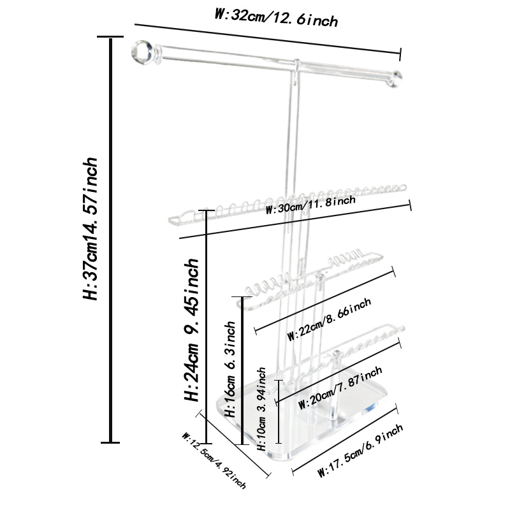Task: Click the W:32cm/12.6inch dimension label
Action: click(276, 18)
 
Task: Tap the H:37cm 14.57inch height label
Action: click(89, 229)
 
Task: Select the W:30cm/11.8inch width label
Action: click(310, 205)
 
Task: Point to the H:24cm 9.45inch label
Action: click(191, 330)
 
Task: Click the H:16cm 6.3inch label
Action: click(230, 369)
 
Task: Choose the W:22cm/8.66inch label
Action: click(330, 319)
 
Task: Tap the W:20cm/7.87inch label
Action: click(340, 388)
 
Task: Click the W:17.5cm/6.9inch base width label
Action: click(360, 451)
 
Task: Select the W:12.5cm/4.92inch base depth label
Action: click(214, 460)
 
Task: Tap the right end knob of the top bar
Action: click(396, 79)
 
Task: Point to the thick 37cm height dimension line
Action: click(111, 240)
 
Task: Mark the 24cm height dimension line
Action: click(206, 327)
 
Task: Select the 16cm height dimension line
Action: click(242, 371)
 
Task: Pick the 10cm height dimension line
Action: click(279, 411)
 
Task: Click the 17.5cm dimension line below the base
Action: click(345, 439)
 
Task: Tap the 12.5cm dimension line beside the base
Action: click(233, 444)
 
